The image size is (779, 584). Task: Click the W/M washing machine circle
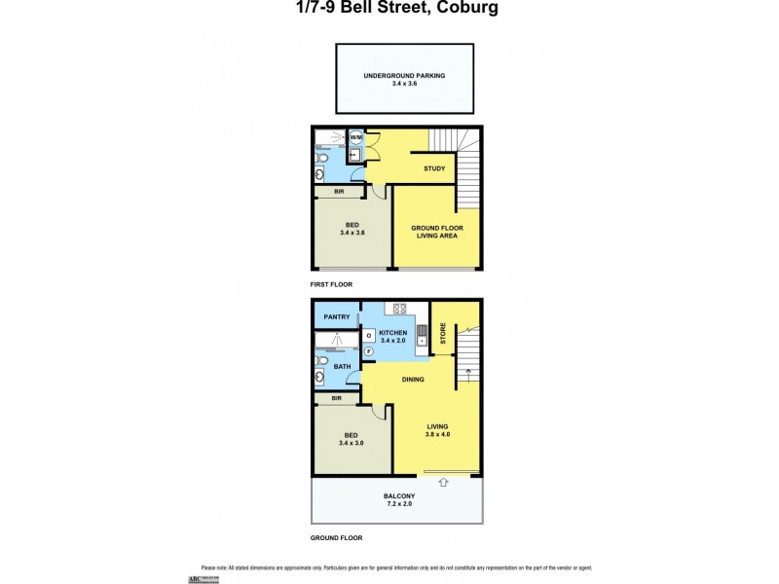point(355,153)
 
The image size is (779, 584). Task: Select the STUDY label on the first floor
point(434,169)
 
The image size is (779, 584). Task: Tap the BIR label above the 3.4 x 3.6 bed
point(339,192)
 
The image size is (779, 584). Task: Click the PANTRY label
point(337,317)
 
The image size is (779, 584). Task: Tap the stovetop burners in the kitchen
point(399,310)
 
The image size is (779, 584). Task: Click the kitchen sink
point(421,336)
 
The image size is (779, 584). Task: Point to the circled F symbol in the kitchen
point(369,350)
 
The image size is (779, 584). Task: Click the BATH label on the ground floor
point(342,366)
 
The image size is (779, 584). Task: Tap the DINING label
point(413,380)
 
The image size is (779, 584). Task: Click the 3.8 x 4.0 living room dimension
point(437,434)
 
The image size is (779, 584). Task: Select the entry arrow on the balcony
point(443,481)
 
